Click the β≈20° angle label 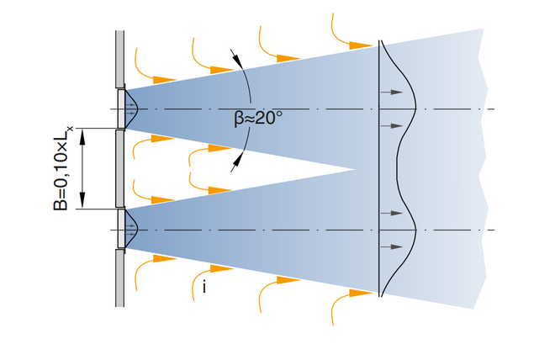click(257, 119)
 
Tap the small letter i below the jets click(203, 287)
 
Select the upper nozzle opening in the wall click(122, 109)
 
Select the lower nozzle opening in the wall click(122, 229)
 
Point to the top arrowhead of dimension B click(82, 135)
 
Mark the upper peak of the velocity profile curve click(417, 109)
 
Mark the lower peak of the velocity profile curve click(417, 229)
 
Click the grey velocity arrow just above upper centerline click(390, 92)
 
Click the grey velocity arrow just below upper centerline click(390, 125)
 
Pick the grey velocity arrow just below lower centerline click(390, 246)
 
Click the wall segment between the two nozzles click(119, 169)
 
